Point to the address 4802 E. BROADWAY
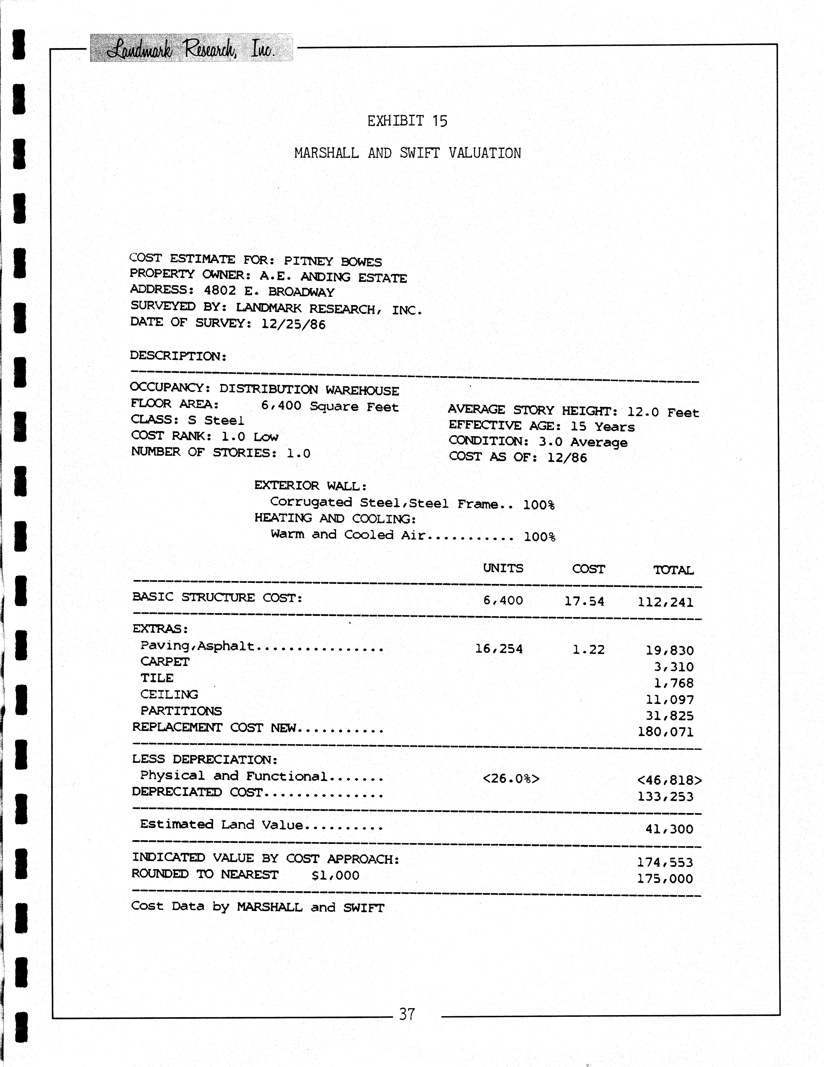(269, 292)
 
